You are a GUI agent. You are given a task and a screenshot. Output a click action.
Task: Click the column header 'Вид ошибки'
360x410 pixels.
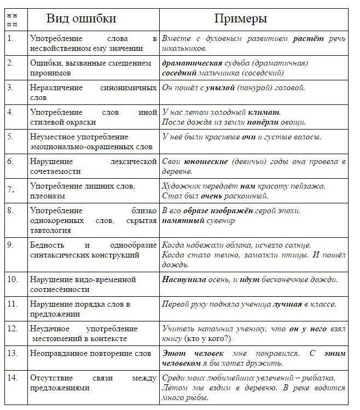pos(81,19)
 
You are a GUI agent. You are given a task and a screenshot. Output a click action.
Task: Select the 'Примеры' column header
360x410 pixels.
pos(240,19)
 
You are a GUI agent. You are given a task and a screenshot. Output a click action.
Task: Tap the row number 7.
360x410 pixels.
pos(10,190)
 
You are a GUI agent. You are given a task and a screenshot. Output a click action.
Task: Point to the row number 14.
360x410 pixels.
pos(12,378)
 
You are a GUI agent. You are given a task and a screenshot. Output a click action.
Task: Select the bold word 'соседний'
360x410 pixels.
pos(180,73)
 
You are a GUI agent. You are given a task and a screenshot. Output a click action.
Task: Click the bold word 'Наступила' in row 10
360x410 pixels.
pos(184,280)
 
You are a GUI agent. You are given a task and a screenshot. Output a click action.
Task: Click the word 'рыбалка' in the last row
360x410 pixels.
pos(315,378)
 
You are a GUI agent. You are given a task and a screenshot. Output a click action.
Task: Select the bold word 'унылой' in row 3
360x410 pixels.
pos(220,88)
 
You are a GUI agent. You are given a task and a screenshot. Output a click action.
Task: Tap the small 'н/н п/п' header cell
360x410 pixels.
pos(12,19)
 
